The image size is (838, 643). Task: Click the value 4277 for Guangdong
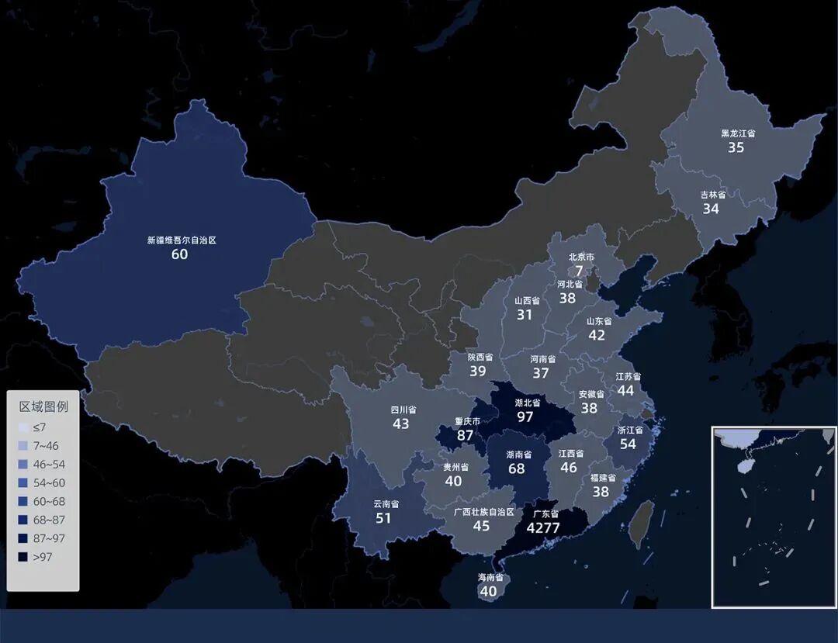click(543, 528)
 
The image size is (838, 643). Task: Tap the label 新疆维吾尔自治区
click(182, 240)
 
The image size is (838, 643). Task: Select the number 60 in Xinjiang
click(179, 254)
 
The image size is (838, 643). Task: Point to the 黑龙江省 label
click(737, 133)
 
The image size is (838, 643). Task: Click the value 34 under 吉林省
click(711, 209)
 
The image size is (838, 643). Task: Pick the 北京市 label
click(581, 257)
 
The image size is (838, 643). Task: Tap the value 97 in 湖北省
click(525, 417)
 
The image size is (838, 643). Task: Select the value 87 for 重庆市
click(466, 435)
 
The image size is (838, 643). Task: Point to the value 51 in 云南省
click(383, 518)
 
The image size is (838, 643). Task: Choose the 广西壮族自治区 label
click(483, 512)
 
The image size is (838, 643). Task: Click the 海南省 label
click(490, 578)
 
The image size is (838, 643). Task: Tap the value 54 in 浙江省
click(627, 444)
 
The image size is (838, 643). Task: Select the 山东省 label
click(598, 321)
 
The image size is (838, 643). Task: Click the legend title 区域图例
click(43, 406)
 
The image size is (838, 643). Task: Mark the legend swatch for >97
click(23, 557)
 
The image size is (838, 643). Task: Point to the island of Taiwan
click(640, 524)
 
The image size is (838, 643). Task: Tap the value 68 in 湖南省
click(516, 468)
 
